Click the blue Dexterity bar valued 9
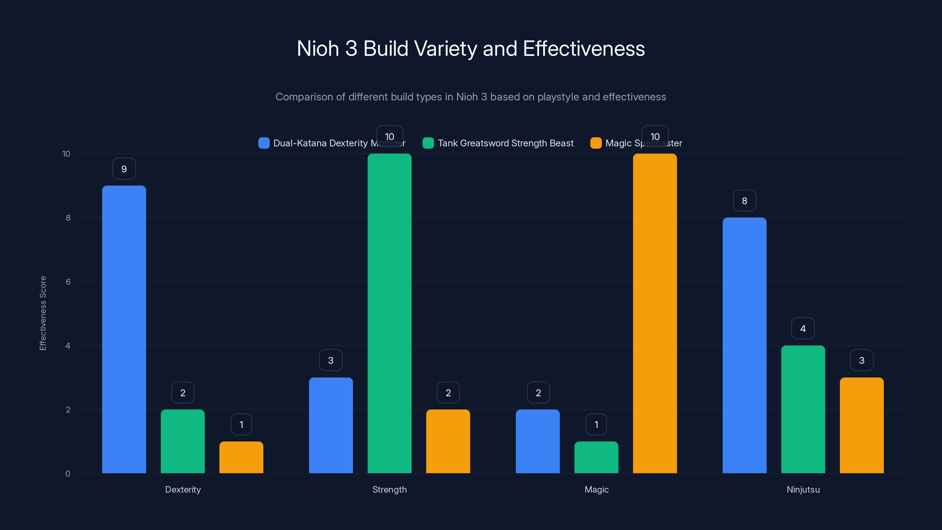pyautogui.click(x=124, y=329)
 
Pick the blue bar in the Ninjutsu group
pyautogui.click(x=744, y=345)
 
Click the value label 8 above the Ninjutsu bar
pyautogui.click(x=744, y=201)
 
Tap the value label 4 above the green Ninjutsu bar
pyautogui.click(x=803, y=329)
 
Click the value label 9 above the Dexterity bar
pyautogui.click(x=124, y=169)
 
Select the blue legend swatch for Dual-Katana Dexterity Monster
pyautogui.click(x=264, y=143)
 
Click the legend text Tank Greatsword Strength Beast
pyautogui.click(x=505, y=143)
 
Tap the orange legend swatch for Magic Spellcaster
pyautogui.click(x=596, y=143)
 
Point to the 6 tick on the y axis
pyautogui.click(x=68, y=282)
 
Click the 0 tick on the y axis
pyautogui.click(x=68, y=474)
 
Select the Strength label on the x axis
pyautogui.click(x=389, y=489)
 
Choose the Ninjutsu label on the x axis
pyautogui.click(x=803, y=489)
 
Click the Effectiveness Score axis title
pyautogui.click(x=43, y=313)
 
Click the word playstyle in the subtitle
pyautogui.click(x=558, y=97)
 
